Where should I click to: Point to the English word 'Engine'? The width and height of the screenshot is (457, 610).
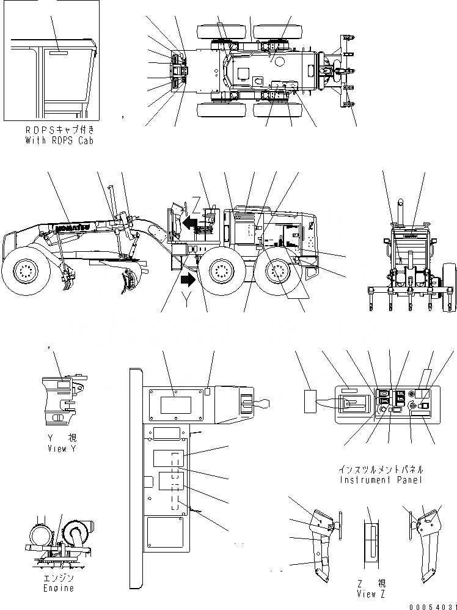point(59,588)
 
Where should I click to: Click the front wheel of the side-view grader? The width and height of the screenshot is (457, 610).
point(25,268)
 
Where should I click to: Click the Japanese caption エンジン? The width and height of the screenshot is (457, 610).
point(59,578)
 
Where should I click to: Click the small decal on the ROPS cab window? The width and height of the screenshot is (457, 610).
point(59,53)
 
